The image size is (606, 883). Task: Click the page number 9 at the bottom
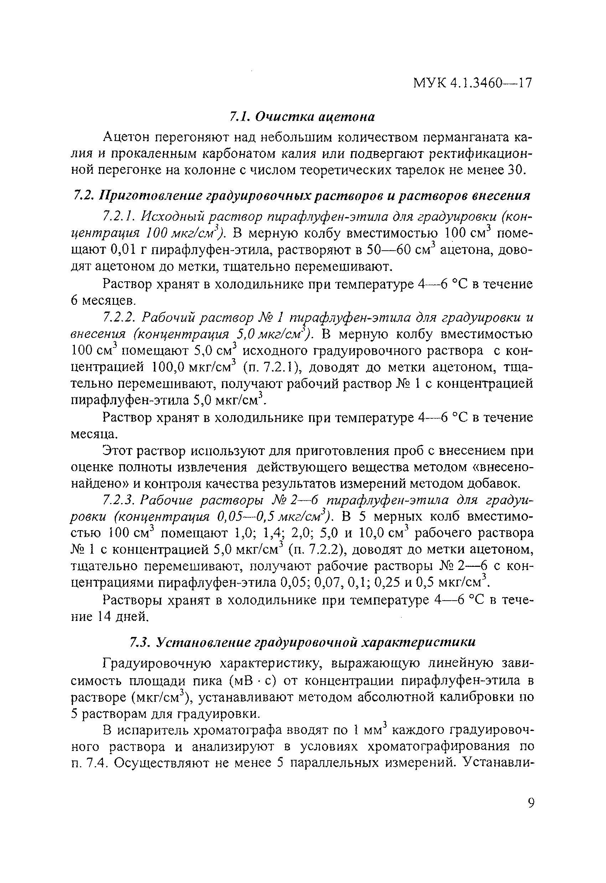[531, 803]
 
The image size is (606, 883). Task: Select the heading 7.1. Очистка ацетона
[302, 117]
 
